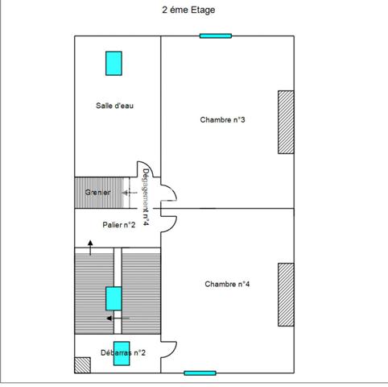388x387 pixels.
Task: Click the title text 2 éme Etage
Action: click(x=188, y=10)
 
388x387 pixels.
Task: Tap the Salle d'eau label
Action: click(x=114, y=106)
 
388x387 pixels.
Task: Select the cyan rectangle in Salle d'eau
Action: click(x=114, y=63)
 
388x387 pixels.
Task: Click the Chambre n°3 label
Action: click(x=222, y=120)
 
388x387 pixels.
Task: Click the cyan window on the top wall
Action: click(x=216, y=35)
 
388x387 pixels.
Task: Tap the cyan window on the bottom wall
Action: click(x=200, y=372)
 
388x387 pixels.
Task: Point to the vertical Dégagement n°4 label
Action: click(x=146, y=196)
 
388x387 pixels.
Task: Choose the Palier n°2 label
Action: click(x=118, y=225)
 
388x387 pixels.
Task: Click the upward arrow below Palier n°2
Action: click(x=90, y=247)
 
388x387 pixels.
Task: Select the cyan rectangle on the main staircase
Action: click(x=114, y=298)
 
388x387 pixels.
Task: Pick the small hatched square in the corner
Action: click(x=82, y=364)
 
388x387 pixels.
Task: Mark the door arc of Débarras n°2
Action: click(x=169, y=347)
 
